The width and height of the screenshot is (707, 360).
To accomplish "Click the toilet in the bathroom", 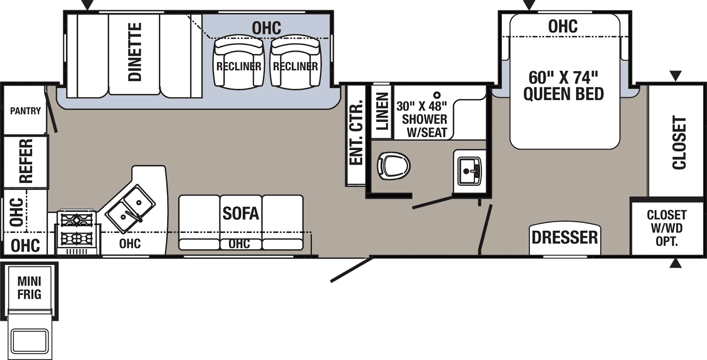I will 393,166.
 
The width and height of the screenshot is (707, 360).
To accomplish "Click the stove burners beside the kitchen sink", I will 76,229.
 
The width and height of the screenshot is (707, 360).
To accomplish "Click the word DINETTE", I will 135,52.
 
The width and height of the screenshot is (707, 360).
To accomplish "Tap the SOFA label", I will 240,214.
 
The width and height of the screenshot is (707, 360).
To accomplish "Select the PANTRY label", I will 25,111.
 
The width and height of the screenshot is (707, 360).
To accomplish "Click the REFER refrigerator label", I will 26,161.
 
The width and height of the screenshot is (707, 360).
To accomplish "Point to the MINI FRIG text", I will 29,288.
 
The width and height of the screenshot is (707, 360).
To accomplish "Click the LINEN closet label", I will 382,111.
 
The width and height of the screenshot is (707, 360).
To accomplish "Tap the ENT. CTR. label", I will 356,133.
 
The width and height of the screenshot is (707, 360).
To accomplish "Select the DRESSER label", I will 565,238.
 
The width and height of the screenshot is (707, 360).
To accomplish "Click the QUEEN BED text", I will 563,94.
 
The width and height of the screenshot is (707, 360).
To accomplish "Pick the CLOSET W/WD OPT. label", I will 666,228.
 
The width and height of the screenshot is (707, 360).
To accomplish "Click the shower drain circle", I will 437,95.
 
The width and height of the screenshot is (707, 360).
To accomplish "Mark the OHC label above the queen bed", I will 563,27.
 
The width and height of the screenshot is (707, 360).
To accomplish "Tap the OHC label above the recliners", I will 266,28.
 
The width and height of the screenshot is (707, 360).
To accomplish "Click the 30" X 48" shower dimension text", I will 422,106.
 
